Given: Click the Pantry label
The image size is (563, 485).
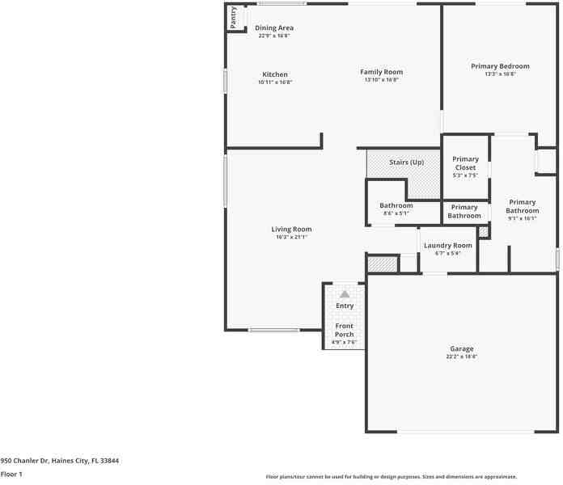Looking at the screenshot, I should tap(233, 18).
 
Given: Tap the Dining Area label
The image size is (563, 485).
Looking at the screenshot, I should tap(274, 28).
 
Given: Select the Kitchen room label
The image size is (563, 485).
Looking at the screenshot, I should tap(274, 74).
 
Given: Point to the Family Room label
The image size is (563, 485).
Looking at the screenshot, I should tap(381, 72).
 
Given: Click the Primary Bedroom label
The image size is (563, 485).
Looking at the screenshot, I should tap(500, 66).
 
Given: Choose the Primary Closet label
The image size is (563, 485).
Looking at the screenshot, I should tap(465, 163).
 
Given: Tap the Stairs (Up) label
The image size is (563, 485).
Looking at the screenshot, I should tap(406, 162).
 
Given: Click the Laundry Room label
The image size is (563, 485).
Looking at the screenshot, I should tap(447, 245).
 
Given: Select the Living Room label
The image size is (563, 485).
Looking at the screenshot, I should tap(291, 229).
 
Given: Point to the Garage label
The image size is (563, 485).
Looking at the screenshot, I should tap(462, 348).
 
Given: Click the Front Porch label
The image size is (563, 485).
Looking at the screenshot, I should tap(345, 330).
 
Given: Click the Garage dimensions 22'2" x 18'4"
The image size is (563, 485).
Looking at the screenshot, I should tap(462, 356).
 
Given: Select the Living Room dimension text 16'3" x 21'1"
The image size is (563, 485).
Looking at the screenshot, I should tap(291, 237).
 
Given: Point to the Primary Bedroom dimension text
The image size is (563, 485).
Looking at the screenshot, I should tap(500, 74).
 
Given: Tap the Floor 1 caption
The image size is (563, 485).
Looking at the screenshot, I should tap(11, 474).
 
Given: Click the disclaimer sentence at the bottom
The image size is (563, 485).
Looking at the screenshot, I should tap(391, 477).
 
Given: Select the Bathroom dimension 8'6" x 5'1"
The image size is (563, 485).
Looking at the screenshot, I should tap(396, 213).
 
